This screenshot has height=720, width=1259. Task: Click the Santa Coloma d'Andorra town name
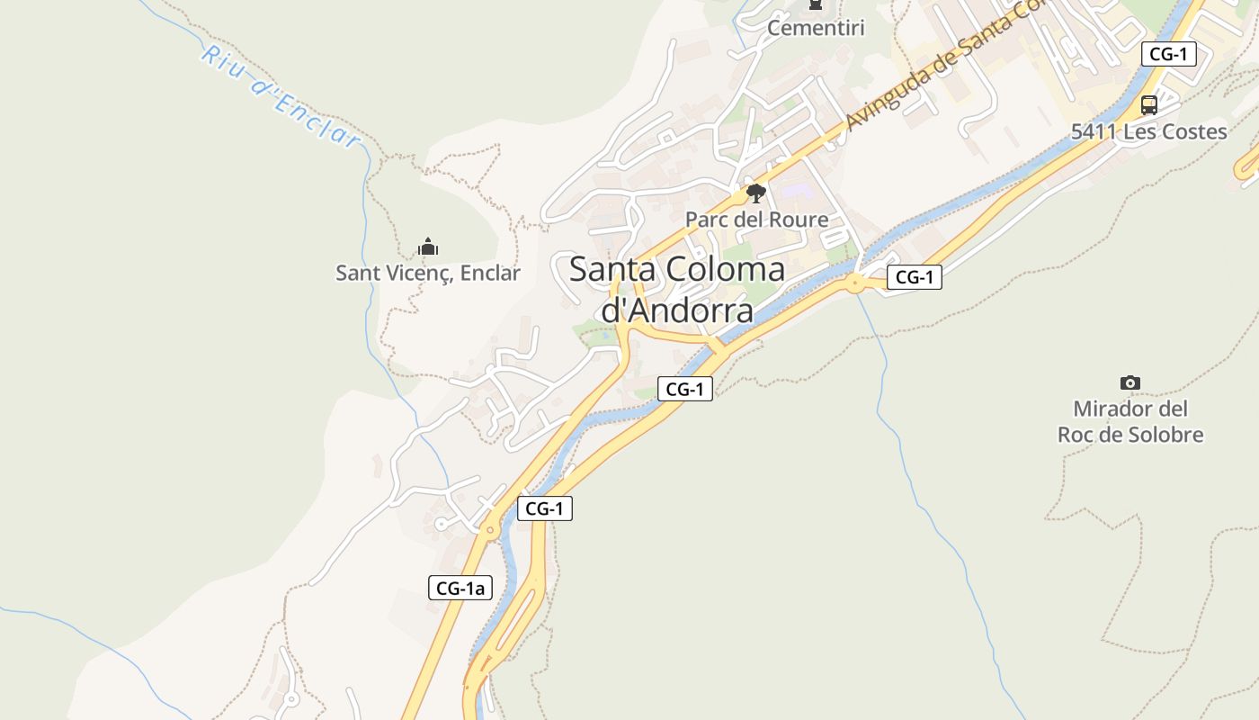coord(676,289)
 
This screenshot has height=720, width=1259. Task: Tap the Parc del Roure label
coord(756,219)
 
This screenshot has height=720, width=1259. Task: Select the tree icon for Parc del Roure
coord(756,193)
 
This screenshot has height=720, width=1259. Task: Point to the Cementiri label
coord(815,28)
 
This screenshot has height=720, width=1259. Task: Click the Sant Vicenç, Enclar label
coord(428,273)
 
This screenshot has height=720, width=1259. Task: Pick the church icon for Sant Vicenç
coord(428,247)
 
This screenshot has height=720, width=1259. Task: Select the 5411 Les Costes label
coord(1148,131)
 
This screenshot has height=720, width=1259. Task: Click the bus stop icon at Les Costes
coord(1148,104)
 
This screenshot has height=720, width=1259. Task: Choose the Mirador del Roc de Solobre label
coord(1130,421)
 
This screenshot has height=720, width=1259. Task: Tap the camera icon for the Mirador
coord(1130,382)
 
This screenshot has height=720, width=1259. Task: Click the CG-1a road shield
coord(460,589)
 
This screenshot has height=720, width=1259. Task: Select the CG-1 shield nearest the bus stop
coord(1168,54)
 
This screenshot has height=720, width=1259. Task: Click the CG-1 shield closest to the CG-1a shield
coord(544,508)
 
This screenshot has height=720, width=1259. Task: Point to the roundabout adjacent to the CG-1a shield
coord(490,531)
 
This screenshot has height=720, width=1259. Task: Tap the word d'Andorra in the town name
coord(676,310)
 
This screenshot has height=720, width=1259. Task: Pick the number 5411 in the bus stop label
coord(1094,131)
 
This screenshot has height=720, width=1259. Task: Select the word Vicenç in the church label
coord(419,273)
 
